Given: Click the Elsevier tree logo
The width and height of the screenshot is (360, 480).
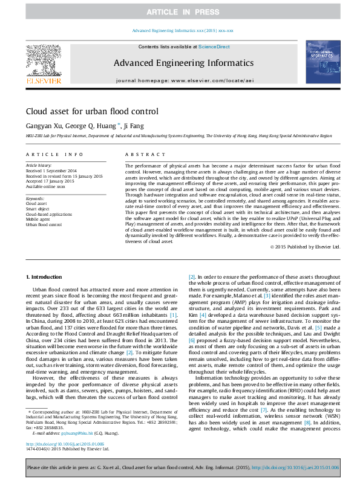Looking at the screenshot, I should tap(43, 60).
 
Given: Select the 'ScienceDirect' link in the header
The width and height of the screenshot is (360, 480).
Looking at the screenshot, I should tap(214, 47).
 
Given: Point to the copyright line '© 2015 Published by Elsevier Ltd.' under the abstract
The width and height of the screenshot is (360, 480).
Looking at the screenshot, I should tap(305, 247).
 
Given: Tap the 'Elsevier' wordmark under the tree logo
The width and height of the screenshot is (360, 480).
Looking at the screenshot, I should tap(43, 80).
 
